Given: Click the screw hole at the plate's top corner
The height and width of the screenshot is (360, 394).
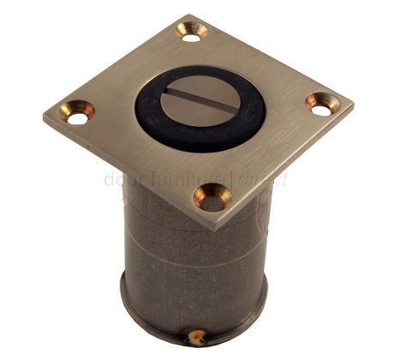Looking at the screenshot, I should pyautogui.click(x=191, y=32).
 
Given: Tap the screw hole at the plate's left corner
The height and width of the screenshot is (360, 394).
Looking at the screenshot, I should pyautogui.click(x=76, y=111).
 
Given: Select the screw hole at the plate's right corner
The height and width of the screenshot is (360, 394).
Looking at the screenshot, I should pyautogui.click(x=322, y=105).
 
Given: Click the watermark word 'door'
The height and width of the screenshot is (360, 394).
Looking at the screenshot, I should pyautogui.click(x=119, y=180).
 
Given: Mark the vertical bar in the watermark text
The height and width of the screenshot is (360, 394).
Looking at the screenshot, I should pyautogui.click(x=233, y=180).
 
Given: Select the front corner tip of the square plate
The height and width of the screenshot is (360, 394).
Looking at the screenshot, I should pyautogui.click(x=213, y=229).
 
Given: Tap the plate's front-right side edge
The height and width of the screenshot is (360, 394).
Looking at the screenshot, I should pyautogui.click(x=283, y=168).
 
